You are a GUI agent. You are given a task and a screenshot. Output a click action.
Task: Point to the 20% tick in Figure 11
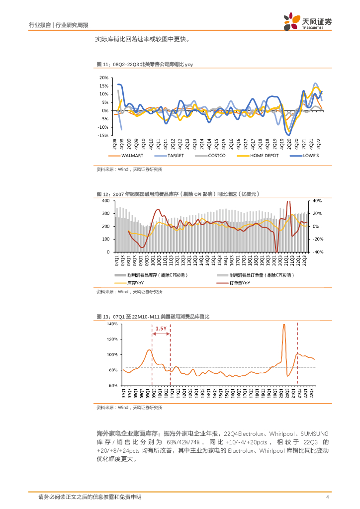click(x=103, y=78)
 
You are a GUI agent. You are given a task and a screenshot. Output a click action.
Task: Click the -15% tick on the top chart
click(x=103, y=135)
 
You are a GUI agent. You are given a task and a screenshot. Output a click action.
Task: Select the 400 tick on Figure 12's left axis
click(x=105, y=200)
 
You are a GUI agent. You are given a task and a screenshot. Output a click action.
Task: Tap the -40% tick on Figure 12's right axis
click(x=318, y=252)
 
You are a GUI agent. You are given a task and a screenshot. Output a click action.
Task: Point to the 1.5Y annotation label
click(x=161, y=329)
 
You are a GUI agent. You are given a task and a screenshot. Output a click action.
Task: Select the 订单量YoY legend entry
click(x=240, y=283)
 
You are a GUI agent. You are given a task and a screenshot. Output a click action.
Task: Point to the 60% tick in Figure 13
click(x=112, y=385)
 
